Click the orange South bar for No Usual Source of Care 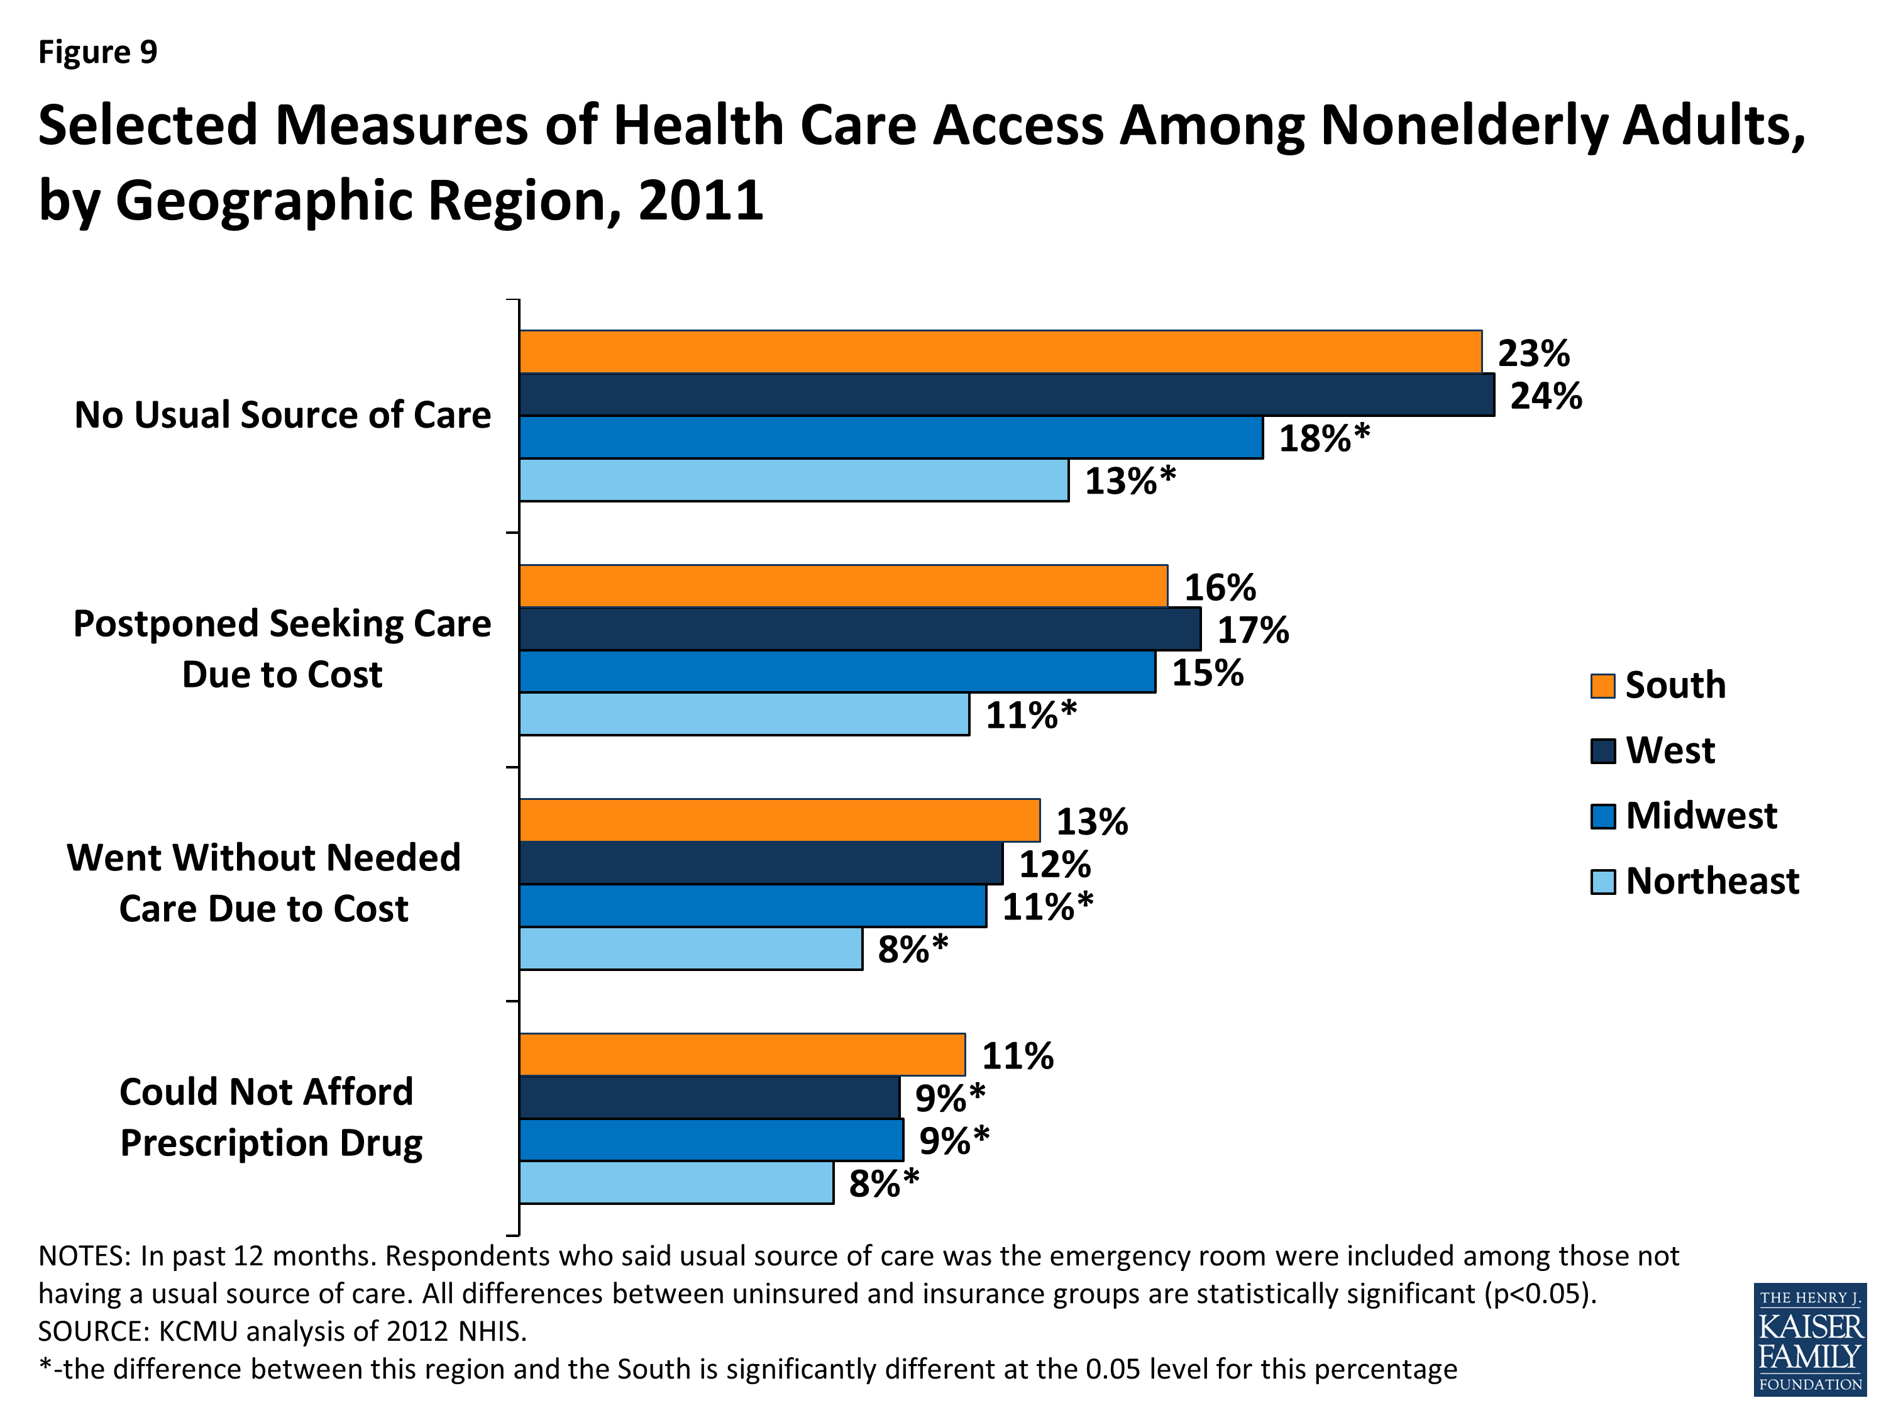tap(1000, 352)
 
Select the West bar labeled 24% tap(1006, 395)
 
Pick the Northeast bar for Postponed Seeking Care tap(744, 714)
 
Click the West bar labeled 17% tap(859, 630)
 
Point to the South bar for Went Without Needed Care tap(780, 821)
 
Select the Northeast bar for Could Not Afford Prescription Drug tap(676, 1182)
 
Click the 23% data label tap(1533, 353)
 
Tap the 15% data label tap(1206, 673)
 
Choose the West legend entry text tap(1670, 750)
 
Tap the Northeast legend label tap(1711, 881)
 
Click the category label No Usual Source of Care tap(282, 415)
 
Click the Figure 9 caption tap(98, 52)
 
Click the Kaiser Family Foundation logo tap(1809, 1339)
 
